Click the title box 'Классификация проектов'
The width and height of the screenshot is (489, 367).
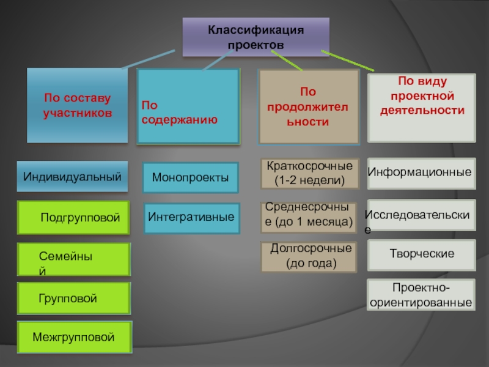(256, 37)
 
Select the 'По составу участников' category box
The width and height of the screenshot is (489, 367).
(77, 105)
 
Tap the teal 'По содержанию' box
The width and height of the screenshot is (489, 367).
(188, 106)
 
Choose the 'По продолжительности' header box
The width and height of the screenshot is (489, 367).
(309, 106)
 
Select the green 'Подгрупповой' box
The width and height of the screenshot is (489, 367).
(74, 217)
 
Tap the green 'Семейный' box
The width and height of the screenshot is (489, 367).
(74, 259)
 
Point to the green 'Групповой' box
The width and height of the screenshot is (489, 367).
(74, 299)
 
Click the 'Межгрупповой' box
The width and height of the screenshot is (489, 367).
(74, 337)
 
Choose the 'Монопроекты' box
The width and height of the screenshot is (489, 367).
(190, 178)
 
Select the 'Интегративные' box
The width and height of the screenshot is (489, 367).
(190, 217)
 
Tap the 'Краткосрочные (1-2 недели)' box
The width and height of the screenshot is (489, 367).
(309, 173)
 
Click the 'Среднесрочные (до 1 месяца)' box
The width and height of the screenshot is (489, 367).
(309, 217)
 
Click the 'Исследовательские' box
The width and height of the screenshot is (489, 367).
(421, 214)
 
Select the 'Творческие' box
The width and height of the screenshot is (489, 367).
(421, 254)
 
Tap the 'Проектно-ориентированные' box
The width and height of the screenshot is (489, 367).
(421, 295)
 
